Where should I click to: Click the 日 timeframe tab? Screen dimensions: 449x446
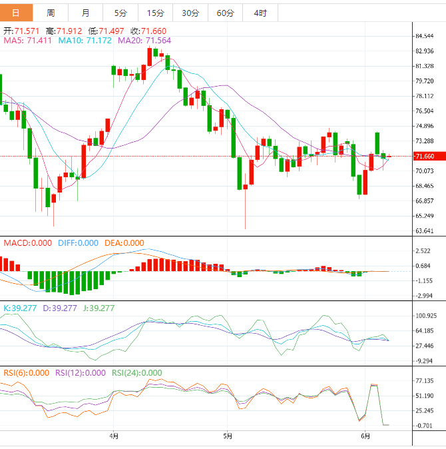tap(17, 13)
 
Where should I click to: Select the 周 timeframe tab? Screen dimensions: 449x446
tap(51, 13)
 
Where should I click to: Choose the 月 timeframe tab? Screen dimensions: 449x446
tap(86, 13)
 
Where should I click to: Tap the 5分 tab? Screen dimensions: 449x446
tap(120, 13)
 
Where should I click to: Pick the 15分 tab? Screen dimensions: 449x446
tap(155, 13)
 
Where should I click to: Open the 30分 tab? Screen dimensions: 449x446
tap(190, 13)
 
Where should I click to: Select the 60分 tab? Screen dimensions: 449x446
tap(226, 13)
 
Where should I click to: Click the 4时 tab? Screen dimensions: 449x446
tap(260, 13)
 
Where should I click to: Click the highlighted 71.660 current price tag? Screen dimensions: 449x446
tap(425, 157)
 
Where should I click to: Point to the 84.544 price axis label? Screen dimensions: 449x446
tap(424, 36)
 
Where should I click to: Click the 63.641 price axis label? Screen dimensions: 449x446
tap(424, 231)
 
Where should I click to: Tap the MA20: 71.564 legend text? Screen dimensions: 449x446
tap(144, 41)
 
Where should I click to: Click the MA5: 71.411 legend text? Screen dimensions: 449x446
tap(29, 41)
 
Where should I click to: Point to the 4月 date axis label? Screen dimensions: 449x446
tap(114, 436)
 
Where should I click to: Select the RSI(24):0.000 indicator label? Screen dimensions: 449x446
tap(136, 373)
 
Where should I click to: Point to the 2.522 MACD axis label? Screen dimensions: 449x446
tap(423, 251)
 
